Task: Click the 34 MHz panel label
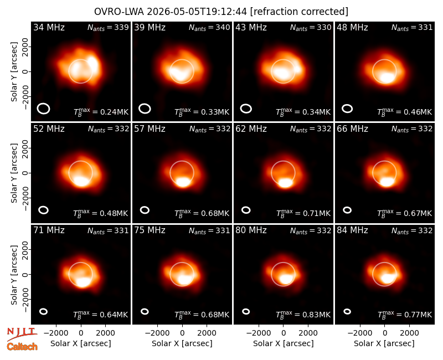[49, 27]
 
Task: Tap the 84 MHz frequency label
[352, 230]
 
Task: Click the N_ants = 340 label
[209, 27]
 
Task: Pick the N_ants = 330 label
[311, 27]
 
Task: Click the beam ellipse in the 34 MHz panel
[44, 109]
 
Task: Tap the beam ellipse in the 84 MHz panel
[347, 311]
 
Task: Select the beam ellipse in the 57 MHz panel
[145, 210]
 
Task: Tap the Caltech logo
[22, 347]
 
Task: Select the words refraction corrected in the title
[299, 12]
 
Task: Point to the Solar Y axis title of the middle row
[14, 173]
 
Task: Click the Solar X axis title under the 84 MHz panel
[384, 343]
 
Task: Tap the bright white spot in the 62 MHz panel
[285, 183]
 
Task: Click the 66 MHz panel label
[352, 129]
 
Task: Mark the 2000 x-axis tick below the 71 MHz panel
[105, 333]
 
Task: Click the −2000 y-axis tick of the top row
[25, 96]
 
